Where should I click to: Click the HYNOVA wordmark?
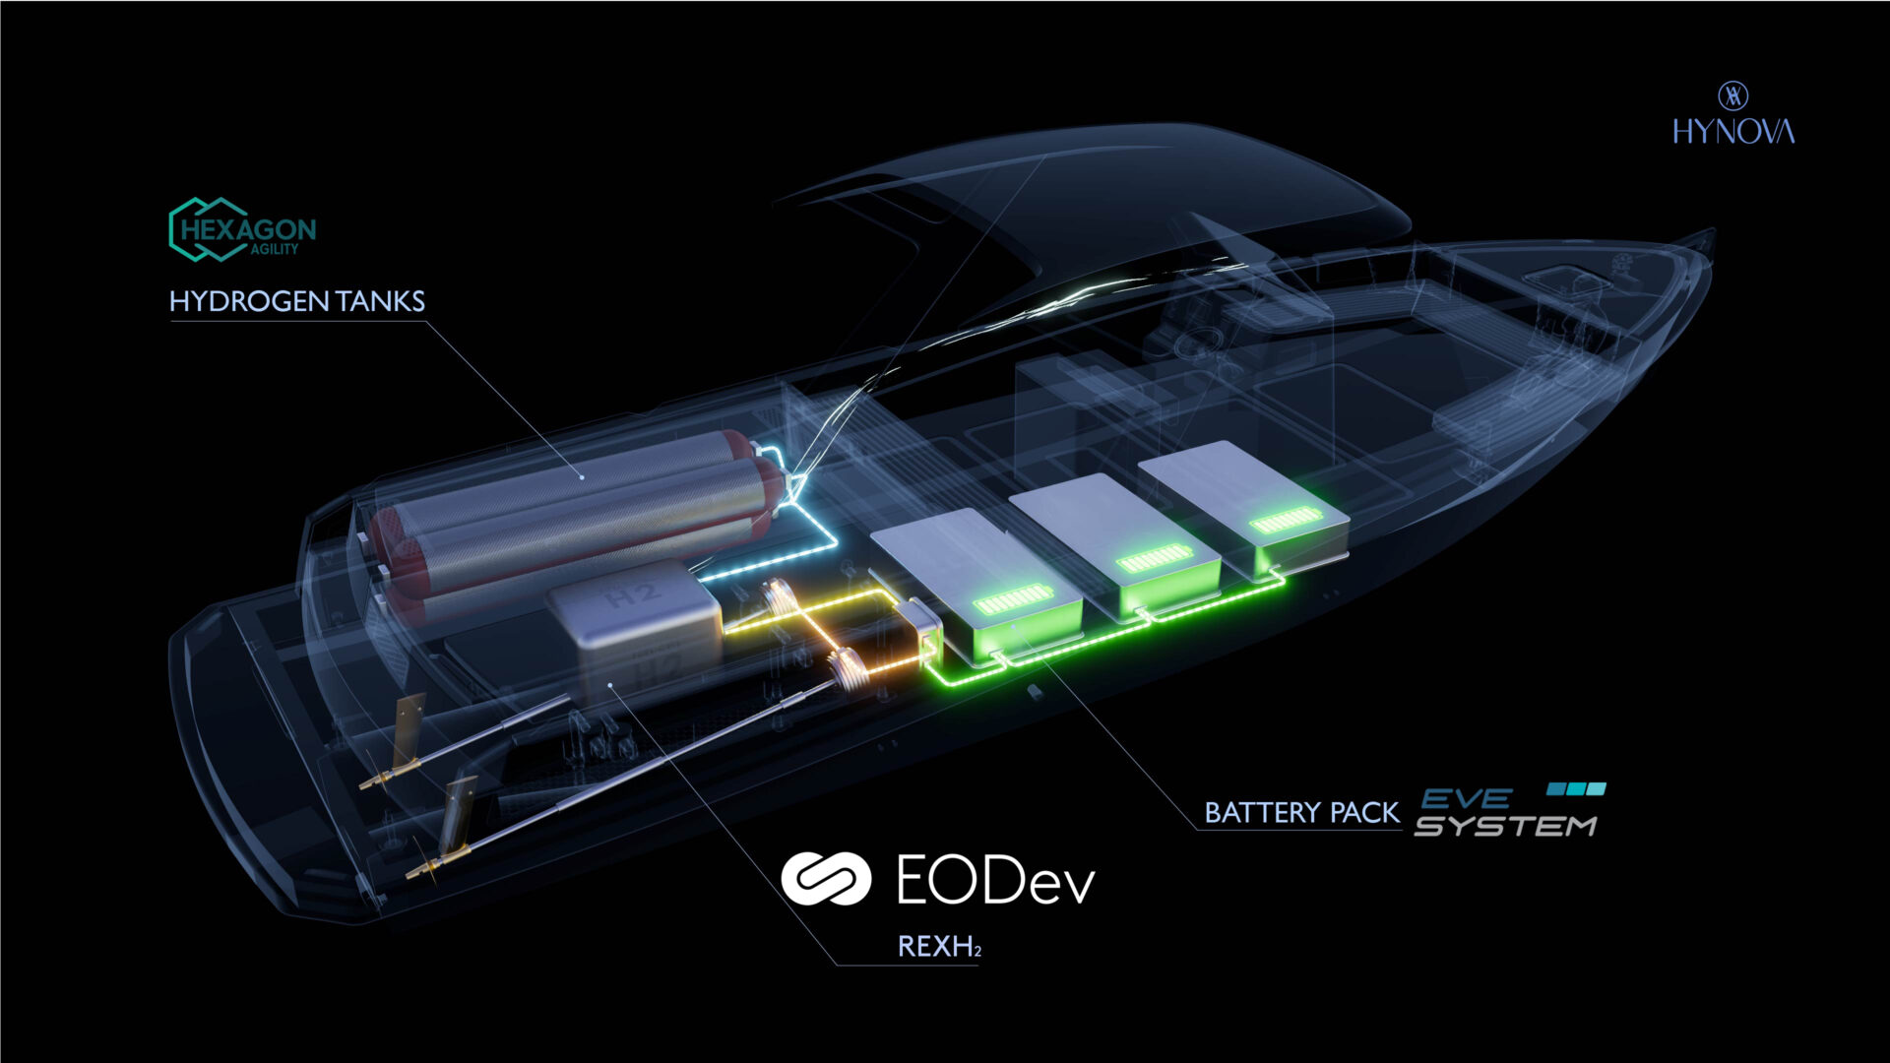[x=1733, y=131]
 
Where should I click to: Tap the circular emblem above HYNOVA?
[x=1733, y=95]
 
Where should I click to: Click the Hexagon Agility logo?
[x=242, y=230]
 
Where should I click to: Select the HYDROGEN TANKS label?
[x=297, y=301]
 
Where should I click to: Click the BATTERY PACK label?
[x=1301, y=813]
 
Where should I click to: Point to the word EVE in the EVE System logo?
[x=1467, y=798]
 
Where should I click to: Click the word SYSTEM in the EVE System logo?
[x=1505, y=826]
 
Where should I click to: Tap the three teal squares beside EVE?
[x=1576, y=788]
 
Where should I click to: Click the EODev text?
[x=995, y=879]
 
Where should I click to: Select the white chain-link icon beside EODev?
[x=826, y=878]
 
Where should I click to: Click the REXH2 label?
[x=939, y=947]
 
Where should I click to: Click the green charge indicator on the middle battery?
[x=1156, y=558]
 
